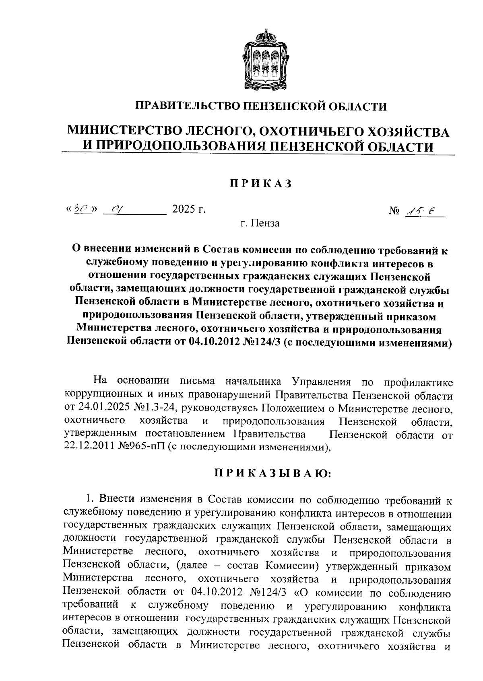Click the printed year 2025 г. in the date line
click(x=189, y=209)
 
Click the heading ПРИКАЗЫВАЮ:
click(x=272, y=474)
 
